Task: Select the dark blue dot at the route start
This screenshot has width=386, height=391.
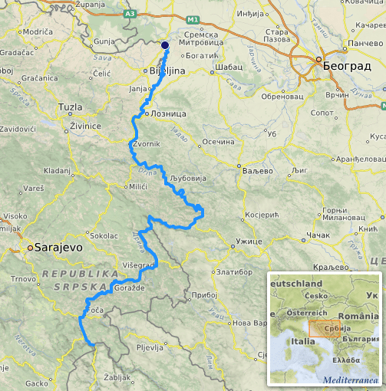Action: (x=165, y=45)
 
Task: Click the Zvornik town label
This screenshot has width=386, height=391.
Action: (x=146, y=144)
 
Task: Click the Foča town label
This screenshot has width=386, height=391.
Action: (x=94, y=310)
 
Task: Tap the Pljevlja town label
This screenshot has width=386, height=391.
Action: (x=149, y=347)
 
